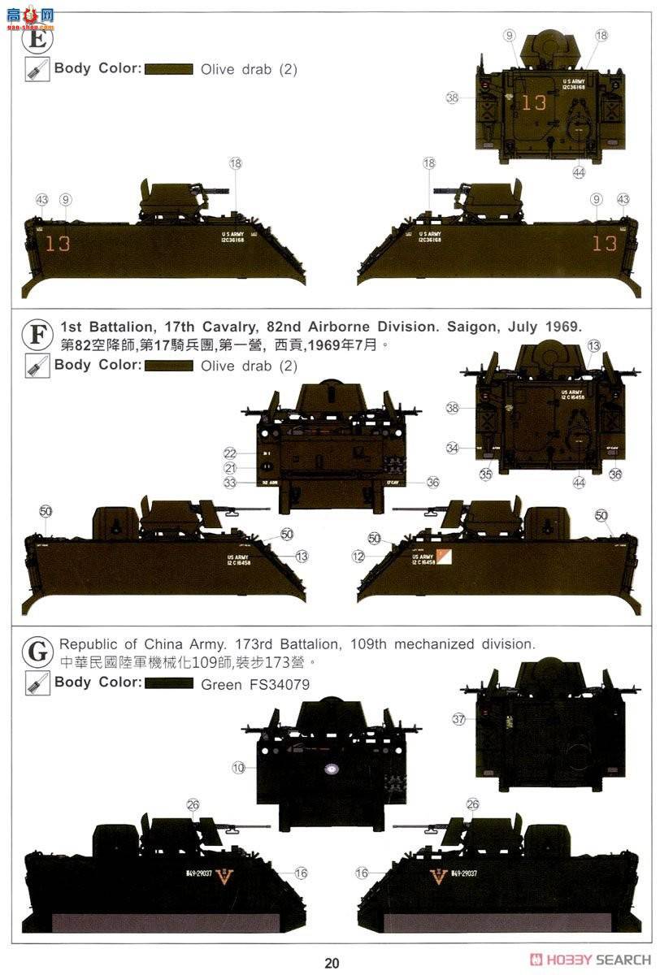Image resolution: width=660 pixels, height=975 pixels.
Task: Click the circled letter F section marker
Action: click(36, 334)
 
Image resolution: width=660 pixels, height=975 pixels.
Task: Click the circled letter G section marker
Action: click(36, 651)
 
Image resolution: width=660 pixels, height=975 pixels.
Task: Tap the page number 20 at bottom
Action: click(331, 964)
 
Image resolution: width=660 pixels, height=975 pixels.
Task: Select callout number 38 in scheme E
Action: click(453, 97)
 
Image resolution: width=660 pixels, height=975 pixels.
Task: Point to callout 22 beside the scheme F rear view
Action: click(230, 453)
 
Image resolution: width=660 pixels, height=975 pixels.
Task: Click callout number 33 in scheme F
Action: click(230, 483)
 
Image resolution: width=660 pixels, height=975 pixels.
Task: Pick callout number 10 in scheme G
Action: click(238, 767)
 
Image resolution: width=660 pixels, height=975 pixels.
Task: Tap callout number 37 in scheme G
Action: click(458, 718)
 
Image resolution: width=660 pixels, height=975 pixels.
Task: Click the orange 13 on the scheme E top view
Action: click(534, 103)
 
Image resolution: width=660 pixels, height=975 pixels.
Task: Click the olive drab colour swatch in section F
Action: click(169, 366)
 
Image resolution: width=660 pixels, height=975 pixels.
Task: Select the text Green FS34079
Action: click(254, 684)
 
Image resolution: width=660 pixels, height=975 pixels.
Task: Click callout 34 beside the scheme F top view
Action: click(453, 448)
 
